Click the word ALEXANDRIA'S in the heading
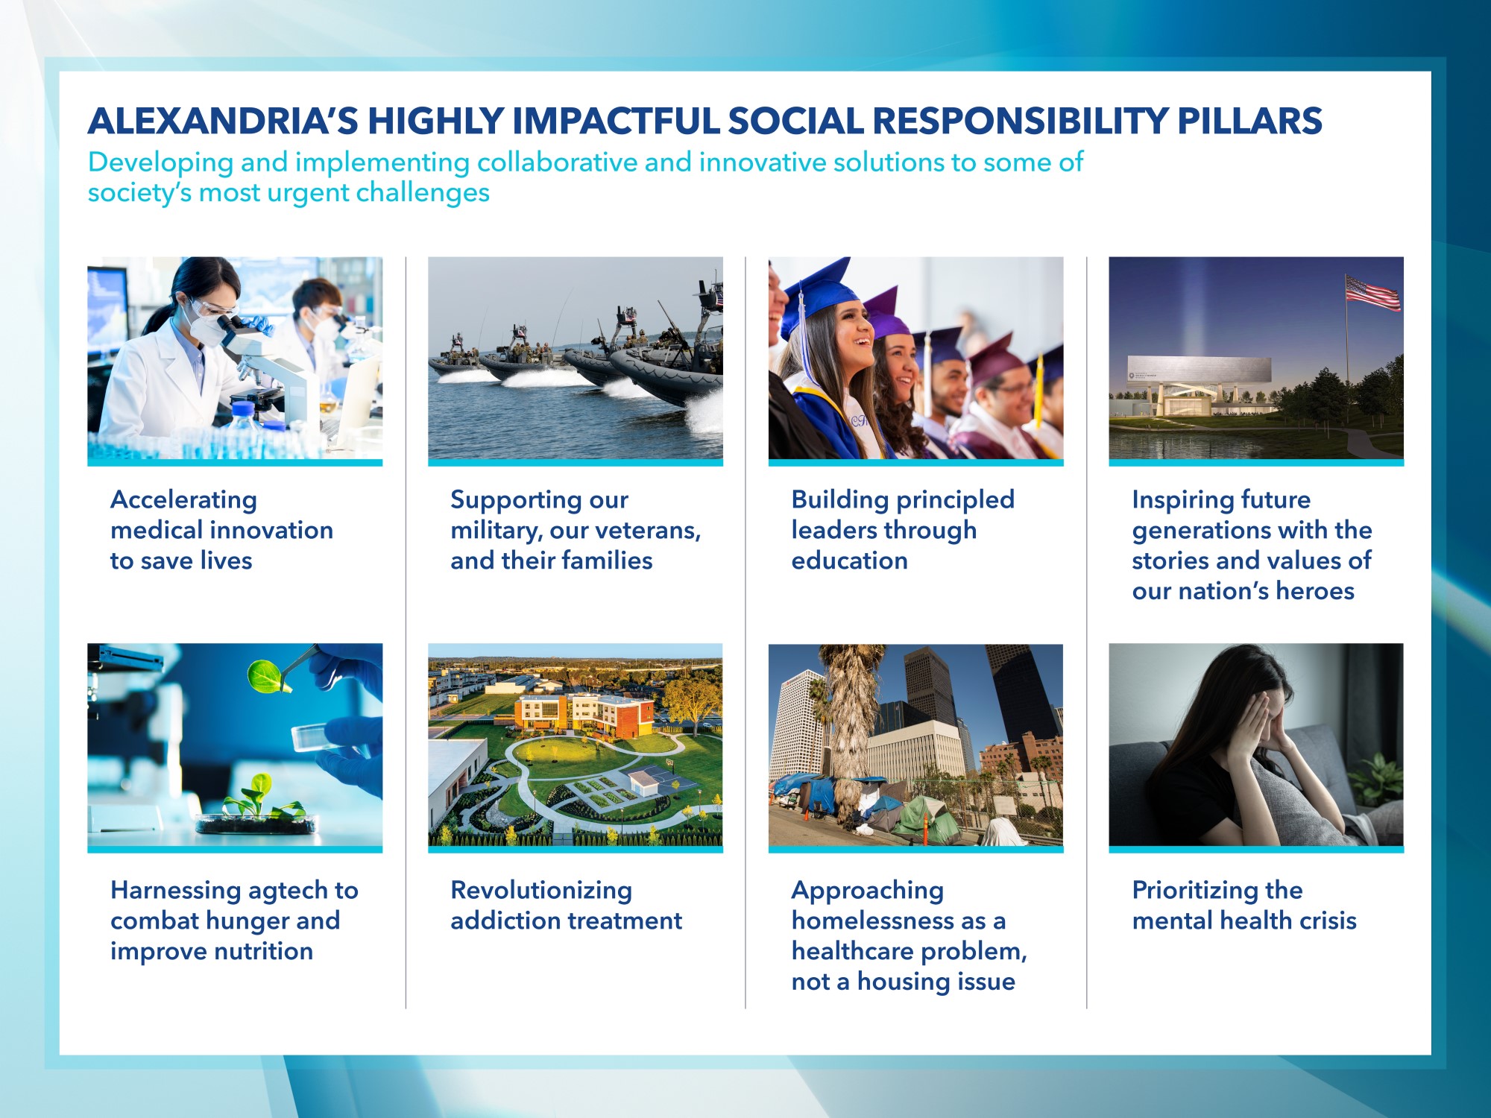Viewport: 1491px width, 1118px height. coord(223,121)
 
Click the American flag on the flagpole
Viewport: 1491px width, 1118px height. coord(1372,293)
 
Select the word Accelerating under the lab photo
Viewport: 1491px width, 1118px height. coord(183,499)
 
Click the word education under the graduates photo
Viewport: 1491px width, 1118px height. coord(849,560)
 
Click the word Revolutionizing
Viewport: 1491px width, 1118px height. coord(541,890)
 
